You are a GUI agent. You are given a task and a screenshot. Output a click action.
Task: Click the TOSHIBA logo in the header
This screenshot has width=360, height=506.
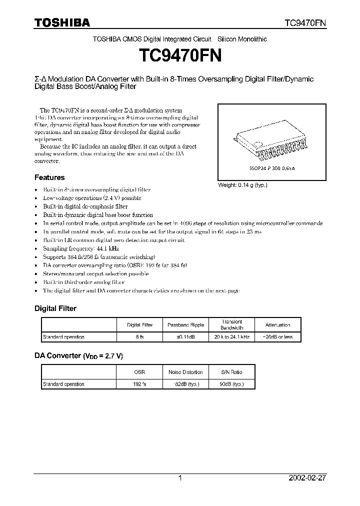tap(62, 22)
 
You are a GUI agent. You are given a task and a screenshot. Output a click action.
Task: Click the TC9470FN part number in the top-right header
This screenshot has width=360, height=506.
tap(305, 23)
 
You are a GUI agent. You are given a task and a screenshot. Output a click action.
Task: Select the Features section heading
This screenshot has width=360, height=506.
tap(49, 177)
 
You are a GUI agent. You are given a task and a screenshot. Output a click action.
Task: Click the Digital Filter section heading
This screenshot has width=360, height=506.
tap(55, 308)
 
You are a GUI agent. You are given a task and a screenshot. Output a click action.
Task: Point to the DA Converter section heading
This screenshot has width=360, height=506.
tap(78, 356)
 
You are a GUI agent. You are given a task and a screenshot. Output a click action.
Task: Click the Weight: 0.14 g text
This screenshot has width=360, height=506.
tap(243, 185)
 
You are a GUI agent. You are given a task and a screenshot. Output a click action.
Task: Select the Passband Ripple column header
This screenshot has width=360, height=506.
tap(185, 325)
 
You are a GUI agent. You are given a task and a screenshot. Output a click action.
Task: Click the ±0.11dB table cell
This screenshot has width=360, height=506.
tap(185, 337)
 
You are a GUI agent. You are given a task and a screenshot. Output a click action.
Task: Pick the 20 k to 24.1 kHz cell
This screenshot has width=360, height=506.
tap(231, 337)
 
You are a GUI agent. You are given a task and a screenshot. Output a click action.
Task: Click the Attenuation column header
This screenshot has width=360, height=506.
tap(277, 325)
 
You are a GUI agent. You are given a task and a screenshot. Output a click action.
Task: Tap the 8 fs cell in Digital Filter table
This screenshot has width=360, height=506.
tap(140, 337)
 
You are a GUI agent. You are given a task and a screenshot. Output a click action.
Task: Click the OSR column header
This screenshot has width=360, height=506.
tap(140, 372)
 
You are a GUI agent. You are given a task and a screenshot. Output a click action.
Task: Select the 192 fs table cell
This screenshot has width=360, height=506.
tap(140, 384)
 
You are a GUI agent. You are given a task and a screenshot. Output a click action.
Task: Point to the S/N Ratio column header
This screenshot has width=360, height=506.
tap(231, 372)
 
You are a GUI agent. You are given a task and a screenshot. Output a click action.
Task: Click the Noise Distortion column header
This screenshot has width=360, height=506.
tap(185, 372)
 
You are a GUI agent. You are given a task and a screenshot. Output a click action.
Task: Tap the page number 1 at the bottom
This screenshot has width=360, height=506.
tap(180, 478)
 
